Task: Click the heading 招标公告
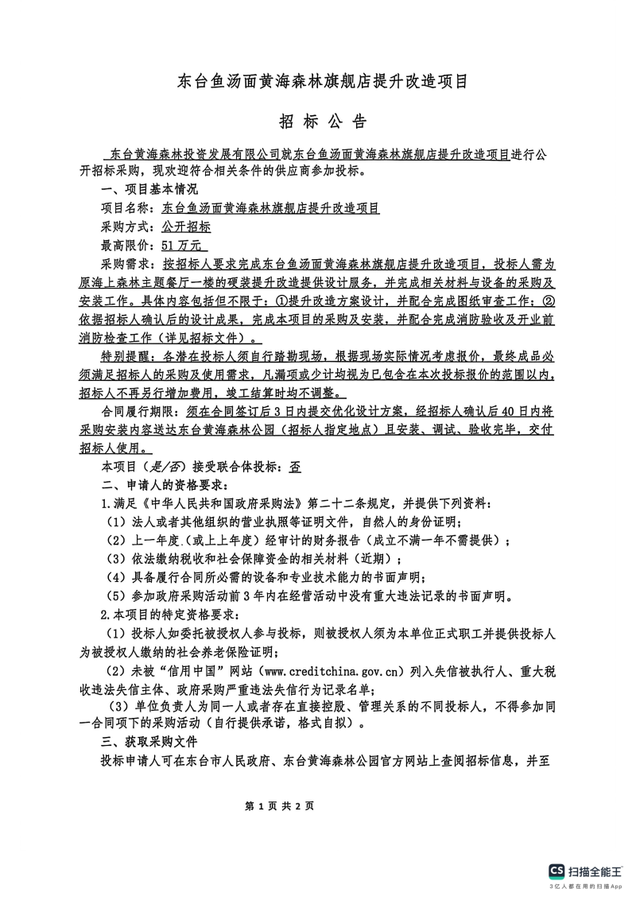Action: coord(323,122)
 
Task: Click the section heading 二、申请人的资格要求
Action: coord(164,486)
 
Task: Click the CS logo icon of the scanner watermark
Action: coord(557,871)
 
